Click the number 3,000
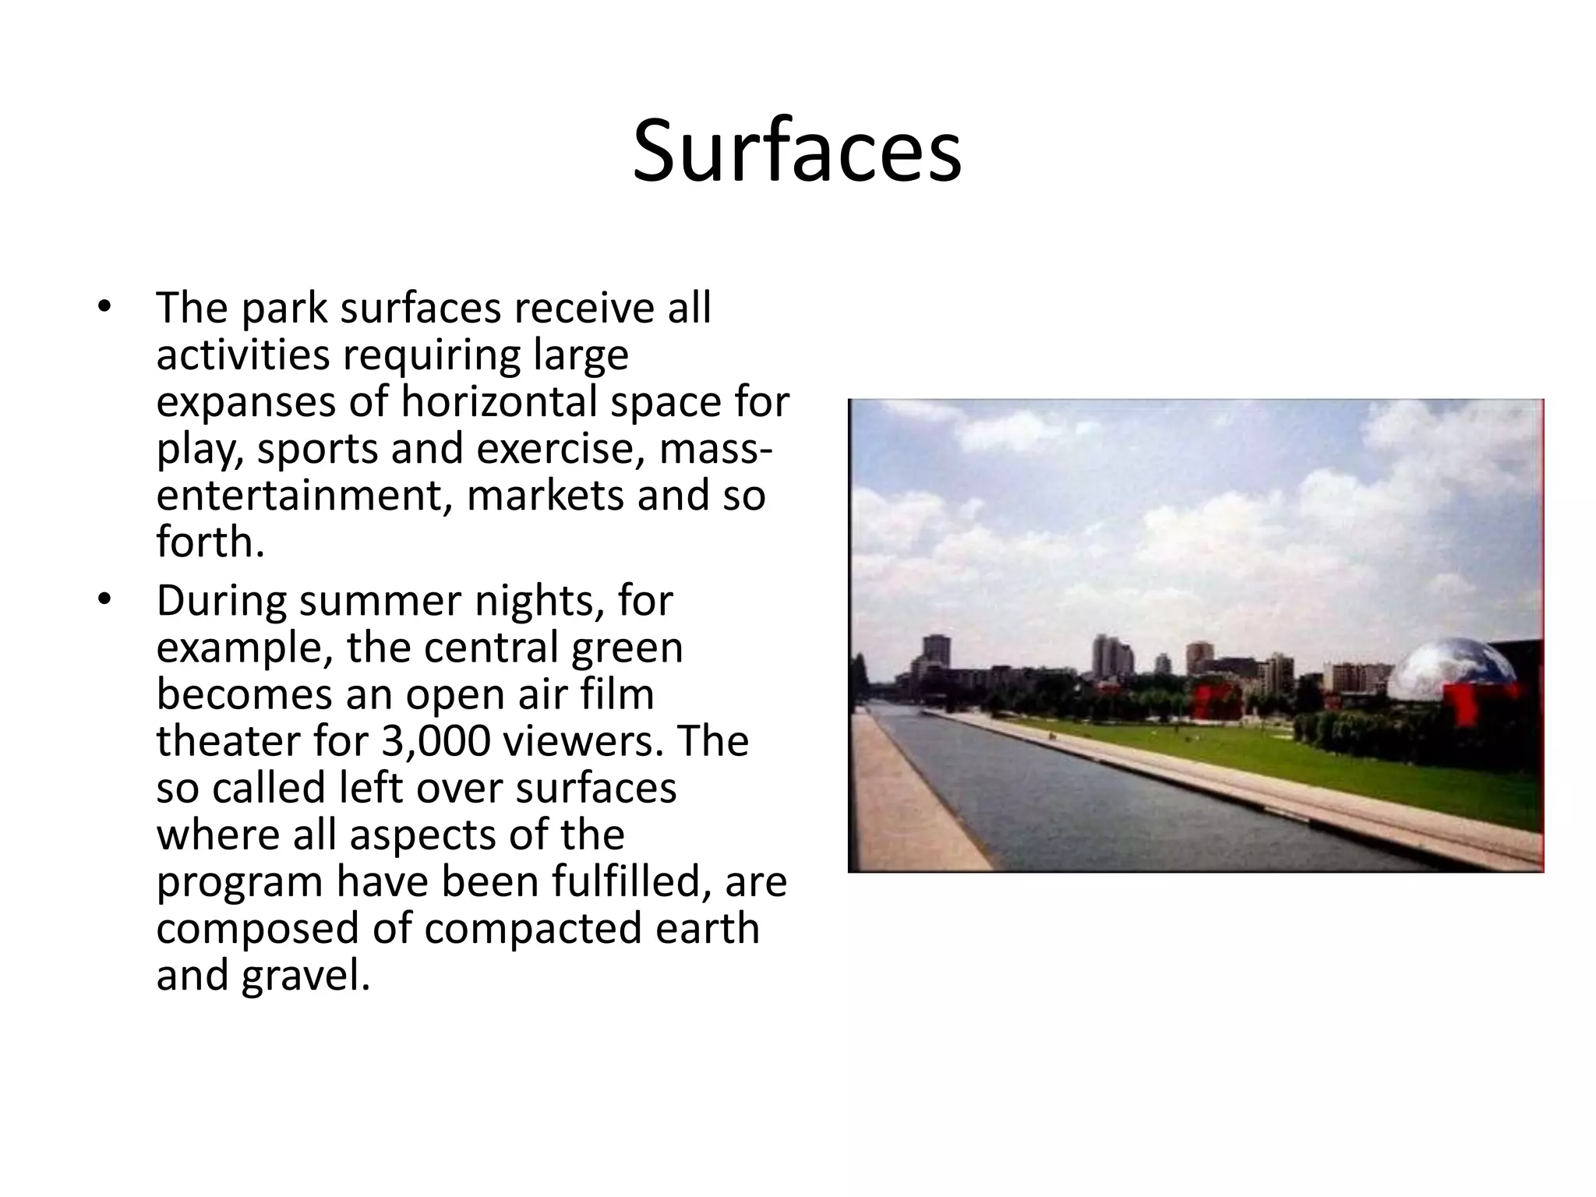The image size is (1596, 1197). pos(436,741)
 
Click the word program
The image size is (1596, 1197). pos(240,883)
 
